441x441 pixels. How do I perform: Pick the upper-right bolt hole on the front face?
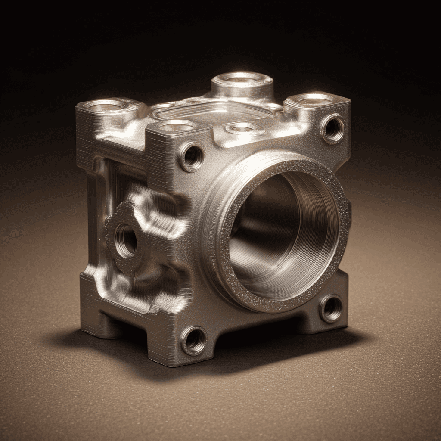coord(332,128)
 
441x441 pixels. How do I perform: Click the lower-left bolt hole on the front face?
coord(194,340)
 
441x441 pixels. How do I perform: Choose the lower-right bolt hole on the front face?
coord(331,308)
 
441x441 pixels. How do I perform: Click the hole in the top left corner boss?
coord(104,105)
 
